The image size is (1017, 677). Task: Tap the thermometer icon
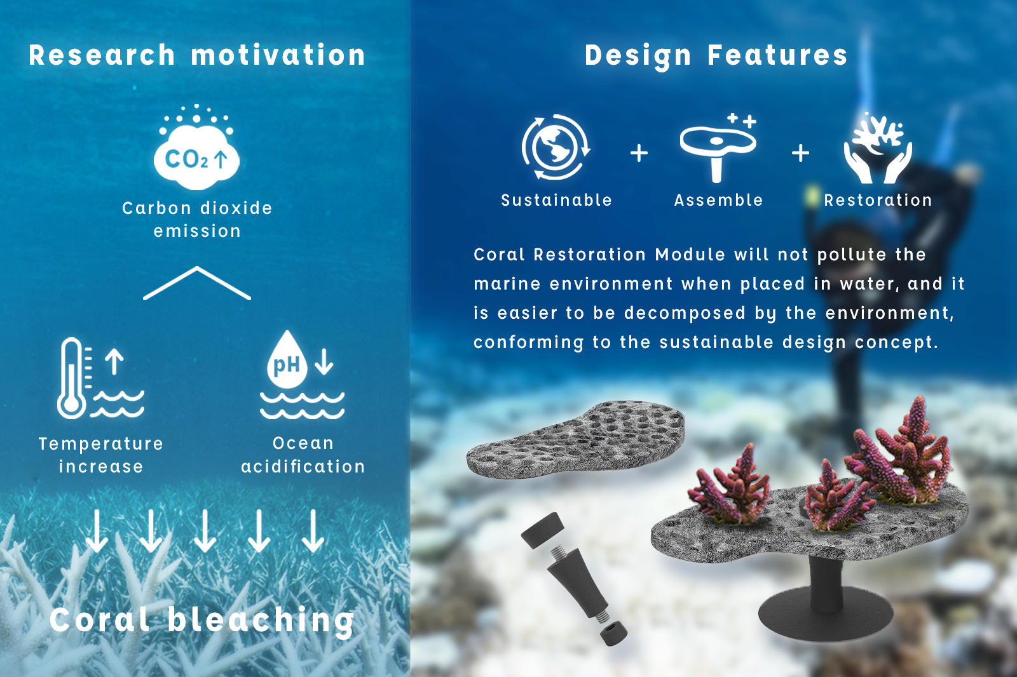[x=71, y=378]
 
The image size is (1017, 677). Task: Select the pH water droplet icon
[x=287, y=361]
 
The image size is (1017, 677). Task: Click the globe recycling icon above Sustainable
[x=556, y=147]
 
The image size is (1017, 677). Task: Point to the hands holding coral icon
[x=878, y=148]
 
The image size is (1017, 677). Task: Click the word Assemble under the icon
[x=719, y=200]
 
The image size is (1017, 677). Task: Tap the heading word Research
[x=102, y=55]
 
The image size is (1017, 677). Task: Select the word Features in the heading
[x=777, y=55]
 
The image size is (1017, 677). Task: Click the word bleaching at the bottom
[x=261, y=620]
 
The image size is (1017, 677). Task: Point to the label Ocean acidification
[x=303, y=455]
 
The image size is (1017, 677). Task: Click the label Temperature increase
[x=101, y=455]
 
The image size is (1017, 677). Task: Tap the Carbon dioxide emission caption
[x=197, y=219]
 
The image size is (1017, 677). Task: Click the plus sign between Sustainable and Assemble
[x=639, y=153]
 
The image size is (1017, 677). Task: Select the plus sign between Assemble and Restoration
[x=800, y=153]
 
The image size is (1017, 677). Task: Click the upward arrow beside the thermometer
[x=114, y=361]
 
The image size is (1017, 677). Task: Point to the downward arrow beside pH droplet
[x=324, y=361]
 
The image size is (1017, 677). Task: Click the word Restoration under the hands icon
[x=878, y=200]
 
